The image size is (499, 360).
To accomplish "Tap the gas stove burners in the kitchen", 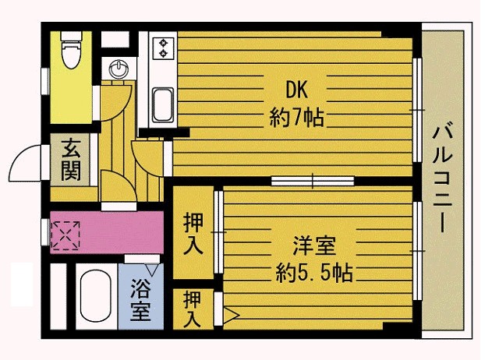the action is click(163, 48).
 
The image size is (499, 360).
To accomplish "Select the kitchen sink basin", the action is click(163, 104).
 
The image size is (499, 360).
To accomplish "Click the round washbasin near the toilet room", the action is click(119, 69).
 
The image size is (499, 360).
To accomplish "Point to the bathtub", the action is click(95, 297).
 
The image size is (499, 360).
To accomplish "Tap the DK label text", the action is click(296, 90).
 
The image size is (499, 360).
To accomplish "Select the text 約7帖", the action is click(296, 117).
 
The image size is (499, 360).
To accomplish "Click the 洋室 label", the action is click(314, 245).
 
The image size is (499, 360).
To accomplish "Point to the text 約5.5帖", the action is click(314, 273).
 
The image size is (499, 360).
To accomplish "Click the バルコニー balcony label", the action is click(442, 178).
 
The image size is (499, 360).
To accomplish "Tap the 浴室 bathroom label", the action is click(140, 299).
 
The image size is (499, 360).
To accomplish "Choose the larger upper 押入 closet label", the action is click(193, 234).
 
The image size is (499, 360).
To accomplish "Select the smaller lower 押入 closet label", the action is click(193, 309).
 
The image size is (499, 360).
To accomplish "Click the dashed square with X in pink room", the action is click(65, 235).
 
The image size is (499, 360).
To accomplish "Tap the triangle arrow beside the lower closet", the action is click(231, 315).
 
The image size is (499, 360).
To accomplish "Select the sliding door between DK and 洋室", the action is click(313, 181).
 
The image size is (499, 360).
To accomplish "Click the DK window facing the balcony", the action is click(417, 110).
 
